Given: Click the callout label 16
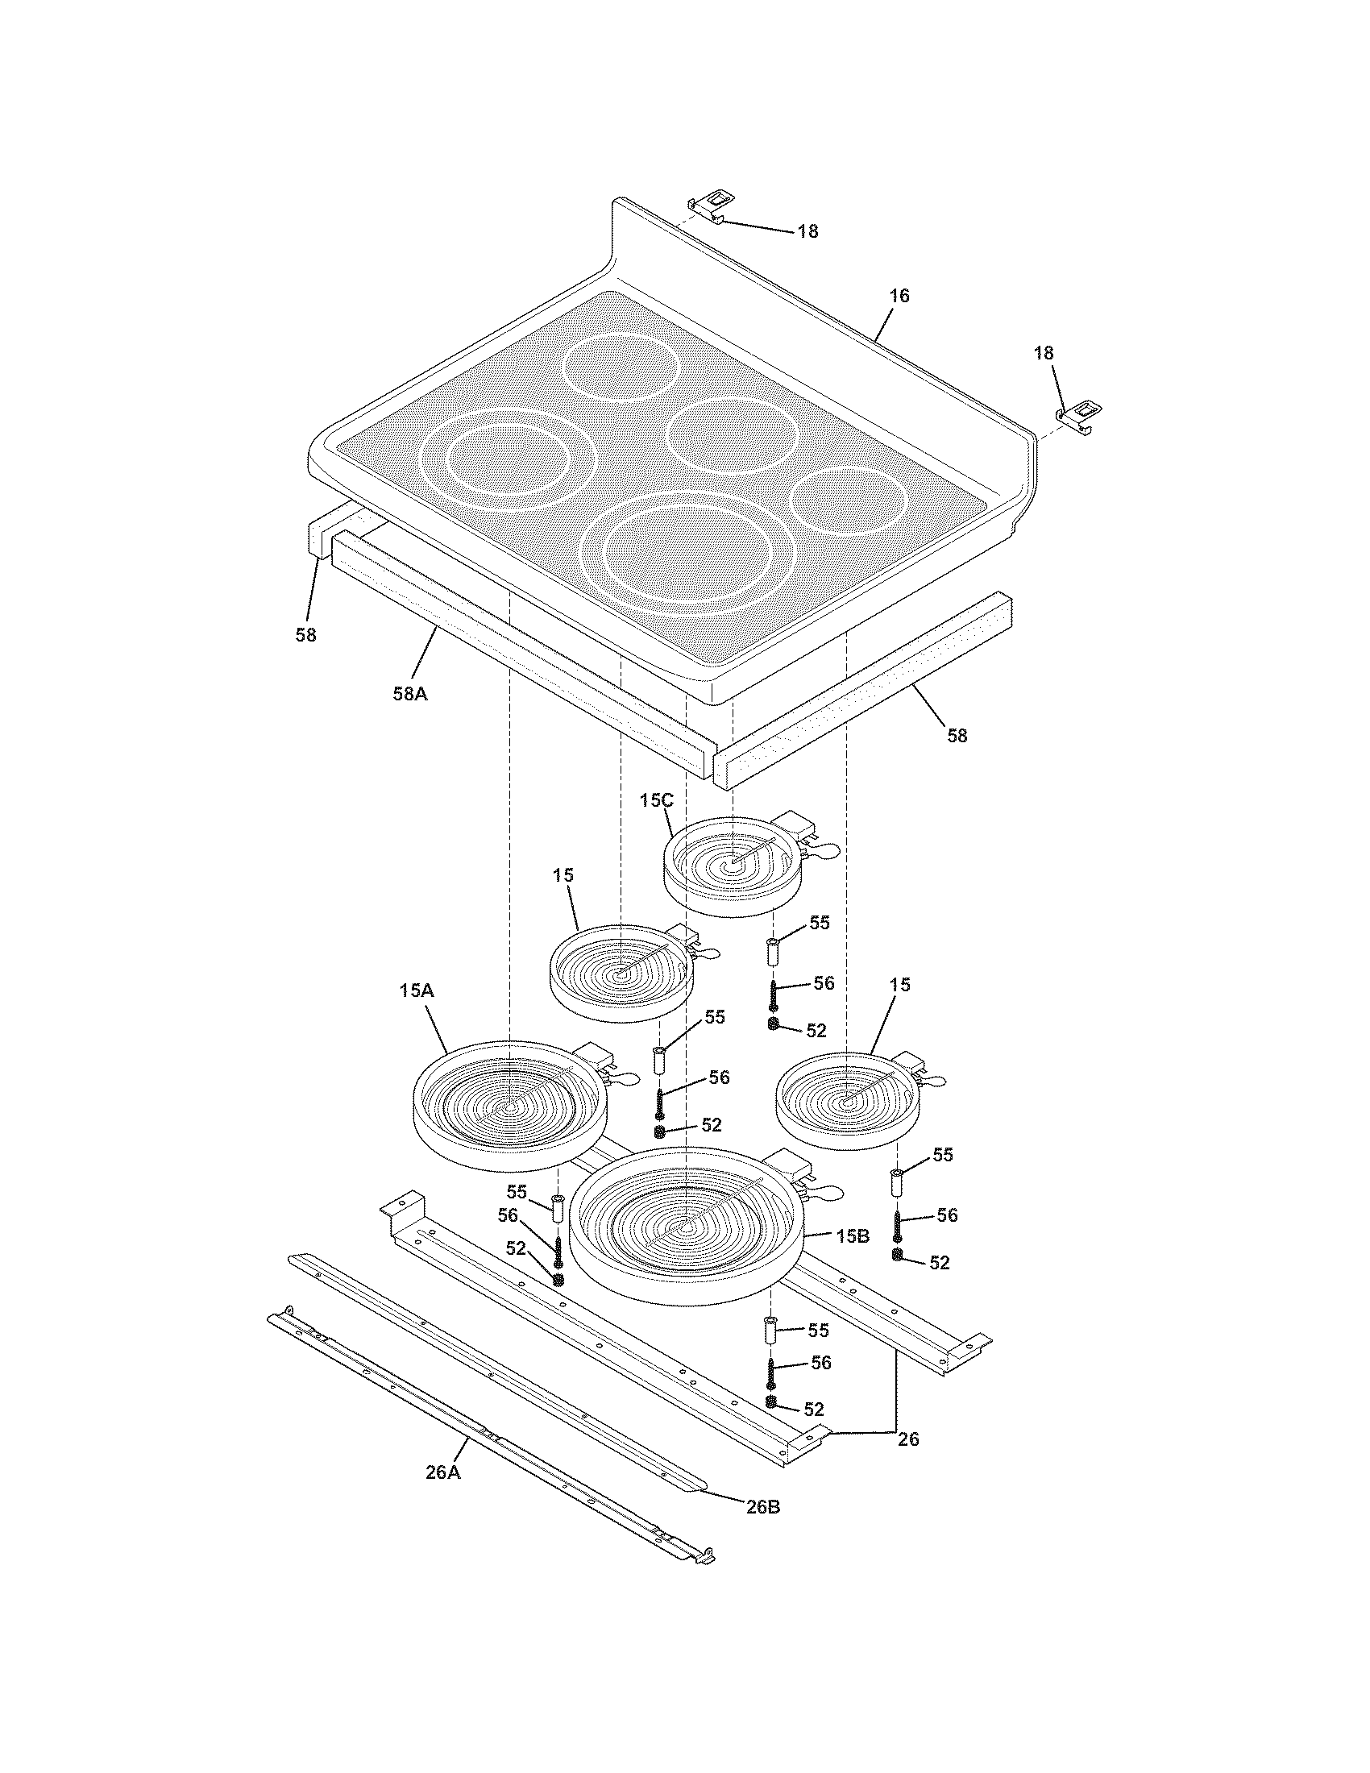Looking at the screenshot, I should pyautogui.click(x=899, y=296).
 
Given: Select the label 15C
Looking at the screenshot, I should pyautogui.click(x=656, y=799).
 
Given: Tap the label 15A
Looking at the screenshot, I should pyautogui.click(x=417, y=991).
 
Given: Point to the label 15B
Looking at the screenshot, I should pyautogui.click(x=852, y=1236).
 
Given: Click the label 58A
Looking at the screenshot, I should pyautogui.click(x=410, y=693).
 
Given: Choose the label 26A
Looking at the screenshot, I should pyautogui.click(x=443, y=1472).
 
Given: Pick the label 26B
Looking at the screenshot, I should pyautogui.click(x=763, y=1507).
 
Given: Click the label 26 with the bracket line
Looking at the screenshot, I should pyautogui.click(x=908, y=1439).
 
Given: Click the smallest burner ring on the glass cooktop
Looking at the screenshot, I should pyautogui.click(x=847, y=501).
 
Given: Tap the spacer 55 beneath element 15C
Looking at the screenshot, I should pyautogui.click(x=773, y=951).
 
